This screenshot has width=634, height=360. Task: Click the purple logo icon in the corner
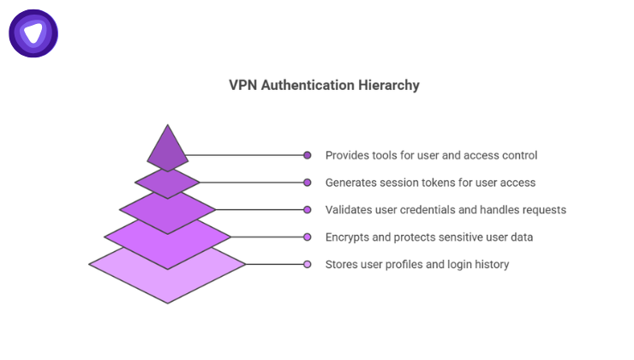(x=33, y=33)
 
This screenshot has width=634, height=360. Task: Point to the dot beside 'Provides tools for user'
(x=308, y=155)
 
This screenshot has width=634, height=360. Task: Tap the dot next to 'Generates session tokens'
(x=308, y=183)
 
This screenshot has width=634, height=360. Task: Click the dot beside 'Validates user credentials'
(x=308, y=209)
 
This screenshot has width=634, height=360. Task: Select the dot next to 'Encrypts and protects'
(x=308, y=237)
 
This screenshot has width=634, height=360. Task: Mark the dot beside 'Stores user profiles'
(x=308, y=264)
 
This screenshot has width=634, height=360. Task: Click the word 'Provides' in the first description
(x=346, y=155)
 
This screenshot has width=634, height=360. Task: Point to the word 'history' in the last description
(x=492, y=264)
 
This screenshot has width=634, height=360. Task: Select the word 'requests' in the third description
(x=543, y=209)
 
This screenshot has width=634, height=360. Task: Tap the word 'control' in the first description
(x=519, y=155)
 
